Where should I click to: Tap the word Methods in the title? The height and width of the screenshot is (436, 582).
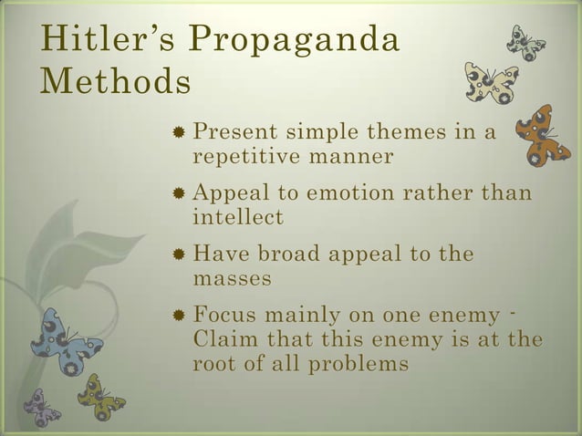coord(115,83)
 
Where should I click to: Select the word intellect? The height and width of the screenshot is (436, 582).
coord(238,218)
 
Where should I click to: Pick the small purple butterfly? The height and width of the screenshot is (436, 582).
coord(41,407)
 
